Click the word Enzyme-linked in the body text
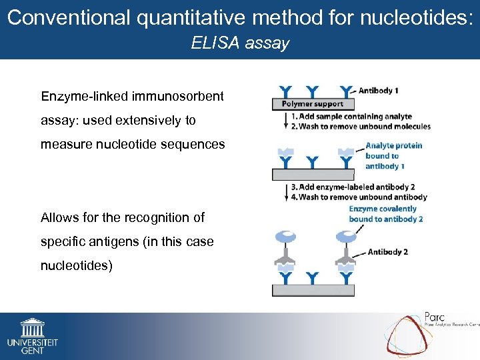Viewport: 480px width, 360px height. [x=83, y=97]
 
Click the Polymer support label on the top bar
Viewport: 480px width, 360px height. [x=312, y=104]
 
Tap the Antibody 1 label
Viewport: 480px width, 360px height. [x=379, y=90]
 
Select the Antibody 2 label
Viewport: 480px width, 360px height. [x=387, y=252]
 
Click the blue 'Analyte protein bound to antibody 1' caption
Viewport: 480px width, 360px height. [x=393, y=156]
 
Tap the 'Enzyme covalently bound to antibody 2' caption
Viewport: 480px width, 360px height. [x=385, y=213]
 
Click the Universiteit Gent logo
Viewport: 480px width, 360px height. [x=32, y=335]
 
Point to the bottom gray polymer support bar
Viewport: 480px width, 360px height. [x=313, y=290]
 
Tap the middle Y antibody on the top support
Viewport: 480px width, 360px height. [x=313, y=91]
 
